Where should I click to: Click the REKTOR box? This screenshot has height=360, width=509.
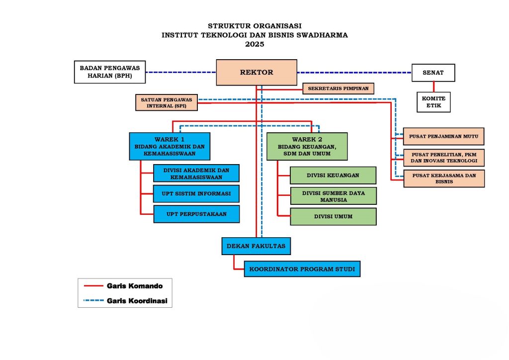[256, 73]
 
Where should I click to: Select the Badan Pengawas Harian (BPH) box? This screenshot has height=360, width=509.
[110, 72]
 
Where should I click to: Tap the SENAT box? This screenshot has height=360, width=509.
[433, 73]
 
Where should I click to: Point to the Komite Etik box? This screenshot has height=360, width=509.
[433, 102]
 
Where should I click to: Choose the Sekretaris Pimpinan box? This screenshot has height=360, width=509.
[338, 89]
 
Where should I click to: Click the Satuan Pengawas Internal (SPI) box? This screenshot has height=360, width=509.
[167, 102]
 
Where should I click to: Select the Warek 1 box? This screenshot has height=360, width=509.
[170, 146]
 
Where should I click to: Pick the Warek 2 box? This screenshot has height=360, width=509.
[307, 146]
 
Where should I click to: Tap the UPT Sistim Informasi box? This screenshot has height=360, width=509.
[196, 194]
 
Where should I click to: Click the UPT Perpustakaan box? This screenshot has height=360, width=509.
[196, 214]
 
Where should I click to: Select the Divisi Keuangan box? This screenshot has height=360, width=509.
[333, 176]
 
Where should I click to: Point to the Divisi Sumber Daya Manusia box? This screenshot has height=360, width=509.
[334, 196]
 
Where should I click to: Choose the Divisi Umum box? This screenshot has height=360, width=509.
[333, 216]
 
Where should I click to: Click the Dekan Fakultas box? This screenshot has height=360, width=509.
[256, 246]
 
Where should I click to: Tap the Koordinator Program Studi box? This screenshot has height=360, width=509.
[302, 269]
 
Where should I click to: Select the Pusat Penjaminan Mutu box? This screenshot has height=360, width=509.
[443, 136]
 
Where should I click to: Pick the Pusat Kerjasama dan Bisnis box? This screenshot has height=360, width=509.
[444, 179]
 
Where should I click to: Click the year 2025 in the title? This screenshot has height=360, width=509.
[255, 44]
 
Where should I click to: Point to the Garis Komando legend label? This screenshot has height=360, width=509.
[135, 286]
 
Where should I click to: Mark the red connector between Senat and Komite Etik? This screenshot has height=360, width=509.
[433, 87]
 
